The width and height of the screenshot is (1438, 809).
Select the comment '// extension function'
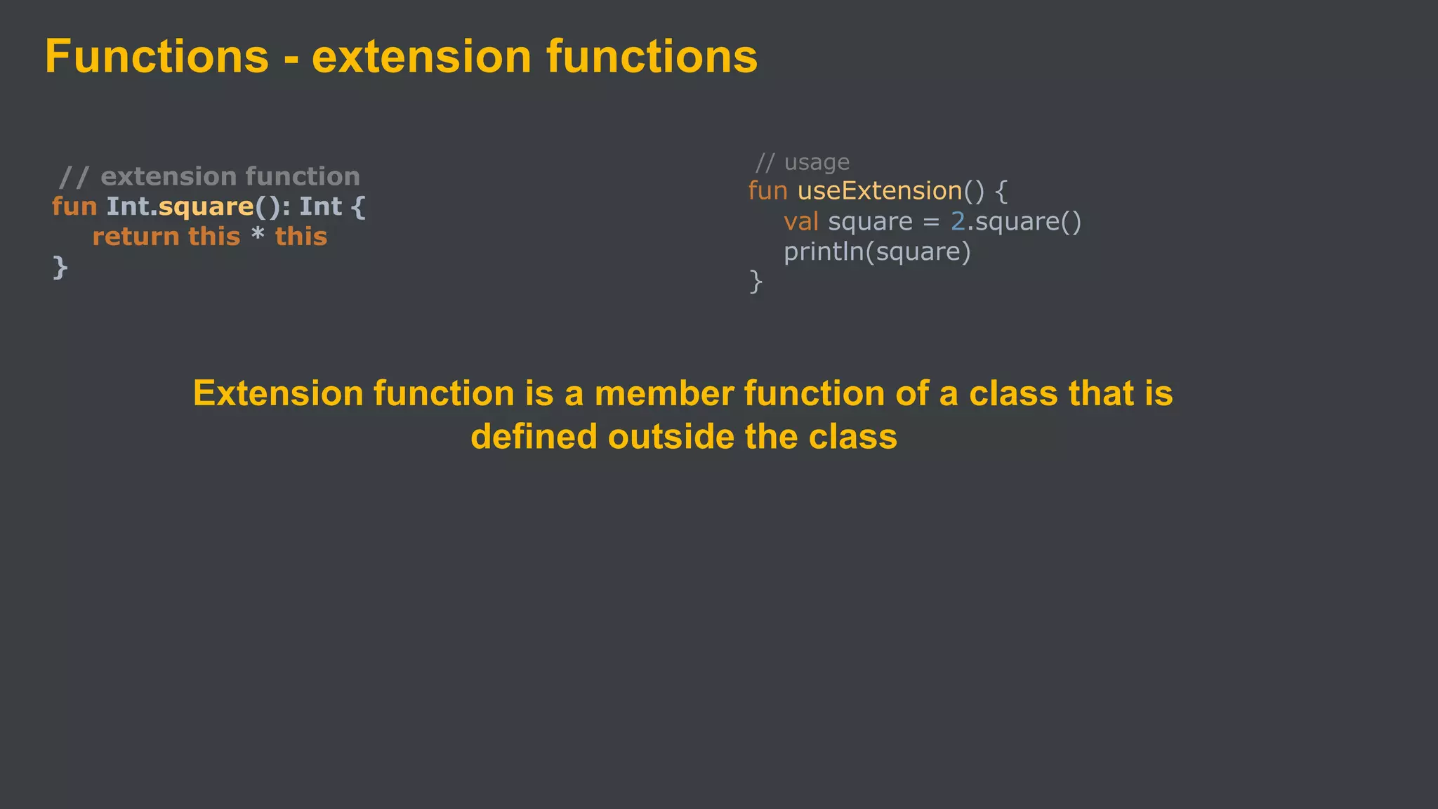(209, 176)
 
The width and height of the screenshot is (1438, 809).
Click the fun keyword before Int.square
(74, 206)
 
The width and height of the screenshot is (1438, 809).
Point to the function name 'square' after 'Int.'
(206, 206)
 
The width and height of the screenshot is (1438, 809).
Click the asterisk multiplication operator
(258, 235)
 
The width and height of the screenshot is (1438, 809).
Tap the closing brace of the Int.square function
(60, 267)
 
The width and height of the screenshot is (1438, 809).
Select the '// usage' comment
(802, 162)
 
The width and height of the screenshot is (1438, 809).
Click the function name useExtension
(879, 191)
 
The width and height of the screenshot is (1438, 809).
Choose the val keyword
(801, 222)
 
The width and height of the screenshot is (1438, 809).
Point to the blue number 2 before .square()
(958, 222)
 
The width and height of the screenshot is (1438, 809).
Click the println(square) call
(877, 251)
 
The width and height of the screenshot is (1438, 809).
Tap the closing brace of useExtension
(756, 282)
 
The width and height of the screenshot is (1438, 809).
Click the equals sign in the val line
(931, 223)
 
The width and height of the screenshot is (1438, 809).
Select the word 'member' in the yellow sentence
(664, 393)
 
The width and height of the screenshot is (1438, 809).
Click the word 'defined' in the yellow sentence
(534, 437)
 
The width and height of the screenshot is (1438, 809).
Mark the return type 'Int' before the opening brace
(320, 206)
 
